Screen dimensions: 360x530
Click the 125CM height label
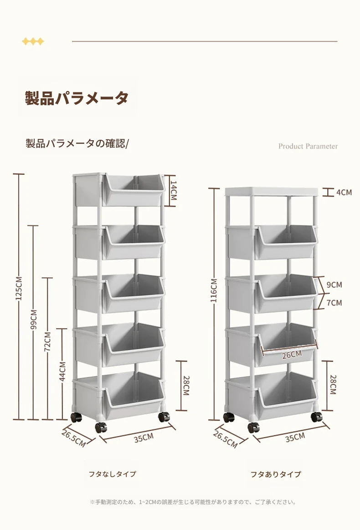(x=19, y=288)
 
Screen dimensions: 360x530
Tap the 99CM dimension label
(x=34, y=320)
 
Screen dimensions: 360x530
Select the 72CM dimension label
(x=48, y=342)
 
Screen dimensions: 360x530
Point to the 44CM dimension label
(x=62, y=371)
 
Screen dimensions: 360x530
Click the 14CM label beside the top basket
(x=173, y=190)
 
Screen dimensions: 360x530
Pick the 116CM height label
(x=214, y=290)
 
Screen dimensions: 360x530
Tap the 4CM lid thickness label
(x=344, y=192)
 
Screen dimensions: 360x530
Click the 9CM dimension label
(x=334, y=285)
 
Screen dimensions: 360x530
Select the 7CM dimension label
(x=334, y=302)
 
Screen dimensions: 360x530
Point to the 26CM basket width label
(x=292, y=355)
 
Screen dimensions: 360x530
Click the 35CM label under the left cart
(x=144, y=438)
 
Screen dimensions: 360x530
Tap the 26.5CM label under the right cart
(x=226, y=439)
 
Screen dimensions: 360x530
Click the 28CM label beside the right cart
(x=333, y=384)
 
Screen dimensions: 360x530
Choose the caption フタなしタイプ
(x=113, y=474)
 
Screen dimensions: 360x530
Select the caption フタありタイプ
(x=276, y=474)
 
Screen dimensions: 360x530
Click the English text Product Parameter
(x=308, y=146)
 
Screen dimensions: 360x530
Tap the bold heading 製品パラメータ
(x=77, y=98)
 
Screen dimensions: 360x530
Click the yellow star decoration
(x=33, y=41)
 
